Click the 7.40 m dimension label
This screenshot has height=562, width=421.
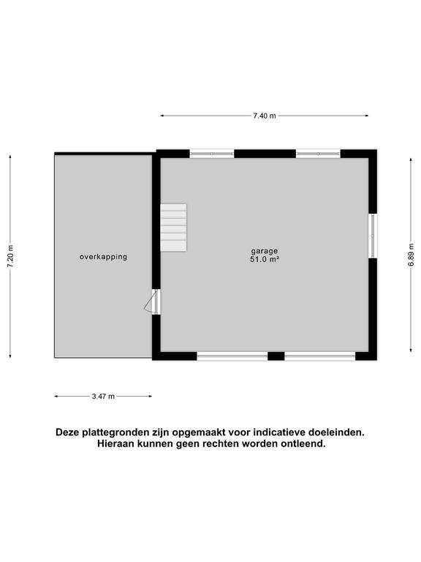264,116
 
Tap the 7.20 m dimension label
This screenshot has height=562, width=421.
10,255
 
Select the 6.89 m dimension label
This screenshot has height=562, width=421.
411,255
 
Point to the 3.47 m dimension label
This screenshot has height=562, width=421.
103,396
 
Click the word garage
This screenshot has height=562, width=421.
265,250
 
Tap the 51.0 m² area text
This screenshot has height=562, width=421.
265,259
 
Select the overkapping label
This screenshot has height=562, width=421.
103,257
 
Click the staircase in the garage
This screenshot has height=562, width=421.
173,228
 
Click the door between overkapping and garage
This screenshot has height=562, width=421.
155,301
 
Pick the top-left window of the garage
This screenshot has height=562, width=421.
212,154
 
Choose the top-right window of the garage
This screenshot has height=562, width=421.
318,154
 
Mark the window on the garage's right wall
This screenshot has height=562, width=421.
373,235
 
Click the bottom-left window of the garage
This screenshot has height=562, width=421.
232,356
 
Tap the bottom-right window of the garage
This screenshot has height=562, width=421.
319,356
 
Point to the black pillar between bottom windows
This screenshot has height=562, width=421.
276,356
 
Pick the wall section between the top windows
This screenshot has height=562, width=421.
265,154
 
